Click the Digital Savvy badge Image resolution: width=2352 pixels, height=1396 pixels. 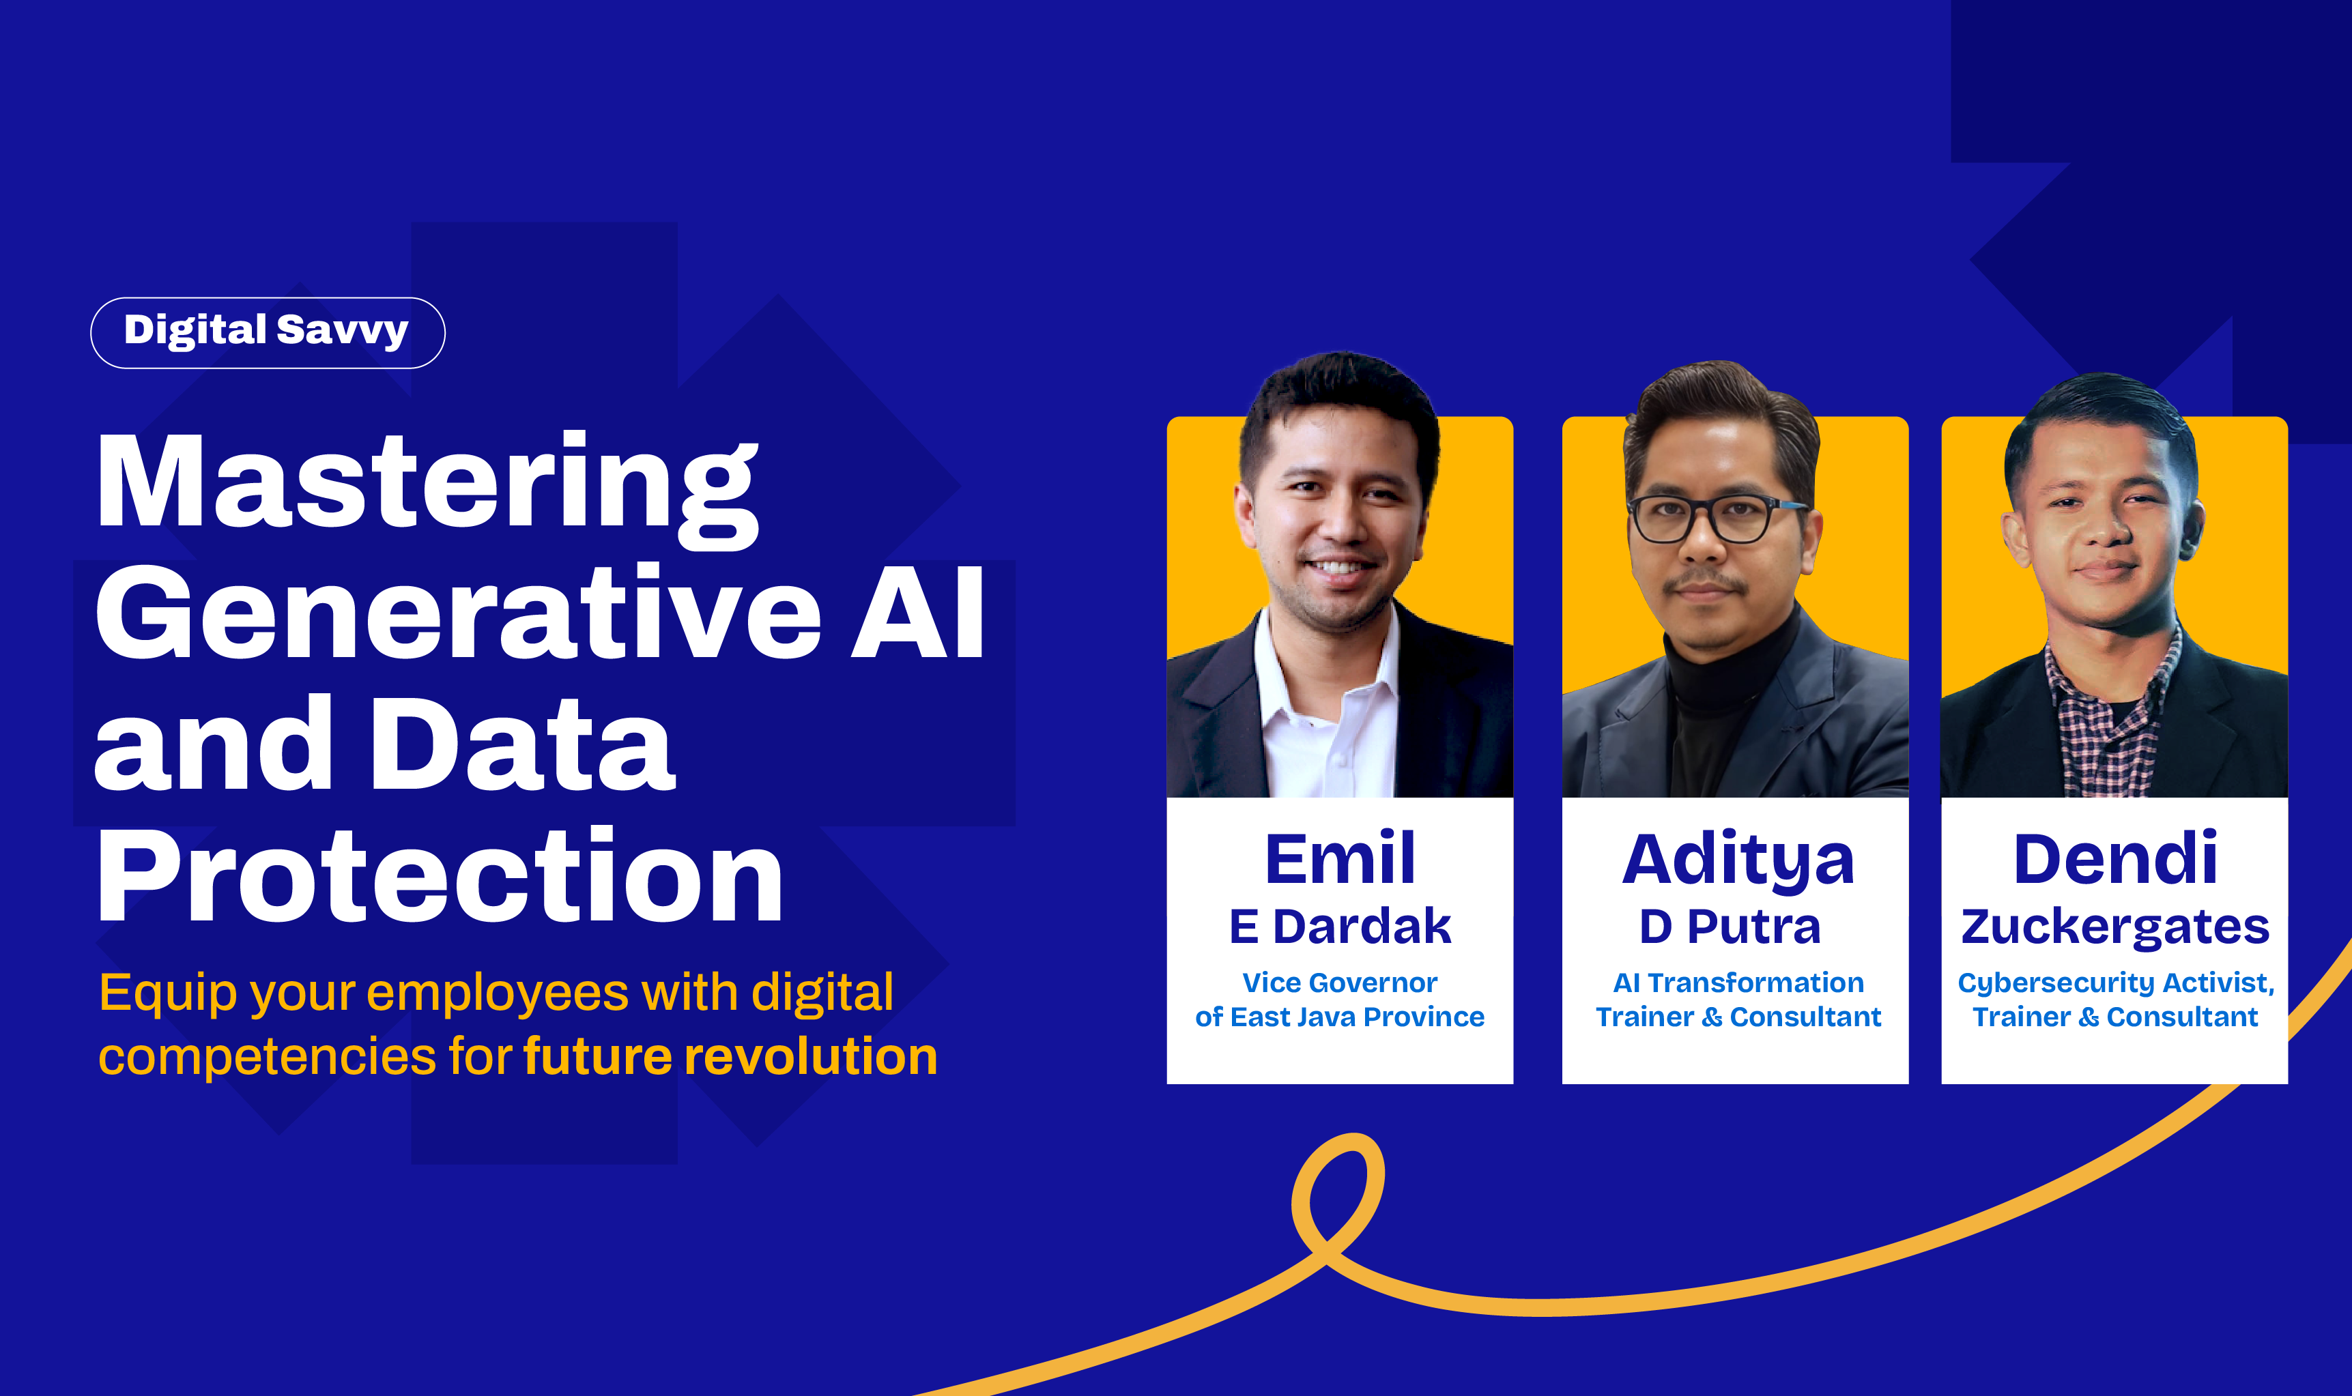(x=267, y=333)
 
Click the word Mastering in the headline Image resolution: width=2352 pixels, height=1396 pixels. (x=427, y=489)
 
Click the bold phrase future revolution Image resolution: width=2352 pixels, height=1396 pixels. (x=730, y=1056)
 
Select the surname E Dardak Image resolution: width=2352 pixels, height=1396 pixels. (x=1340, y=927)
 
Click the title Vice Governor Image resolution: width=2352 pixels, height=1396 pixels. (x=1340, y=983)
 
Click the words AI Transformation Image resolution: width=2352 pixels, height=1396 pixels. (x=1738, y=983)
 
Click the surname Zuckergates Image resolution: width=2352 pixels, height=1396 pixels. (x=2115, y=929)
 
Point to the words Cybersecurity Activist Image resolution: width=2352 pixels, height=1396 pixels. (x=2116, y=984)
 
